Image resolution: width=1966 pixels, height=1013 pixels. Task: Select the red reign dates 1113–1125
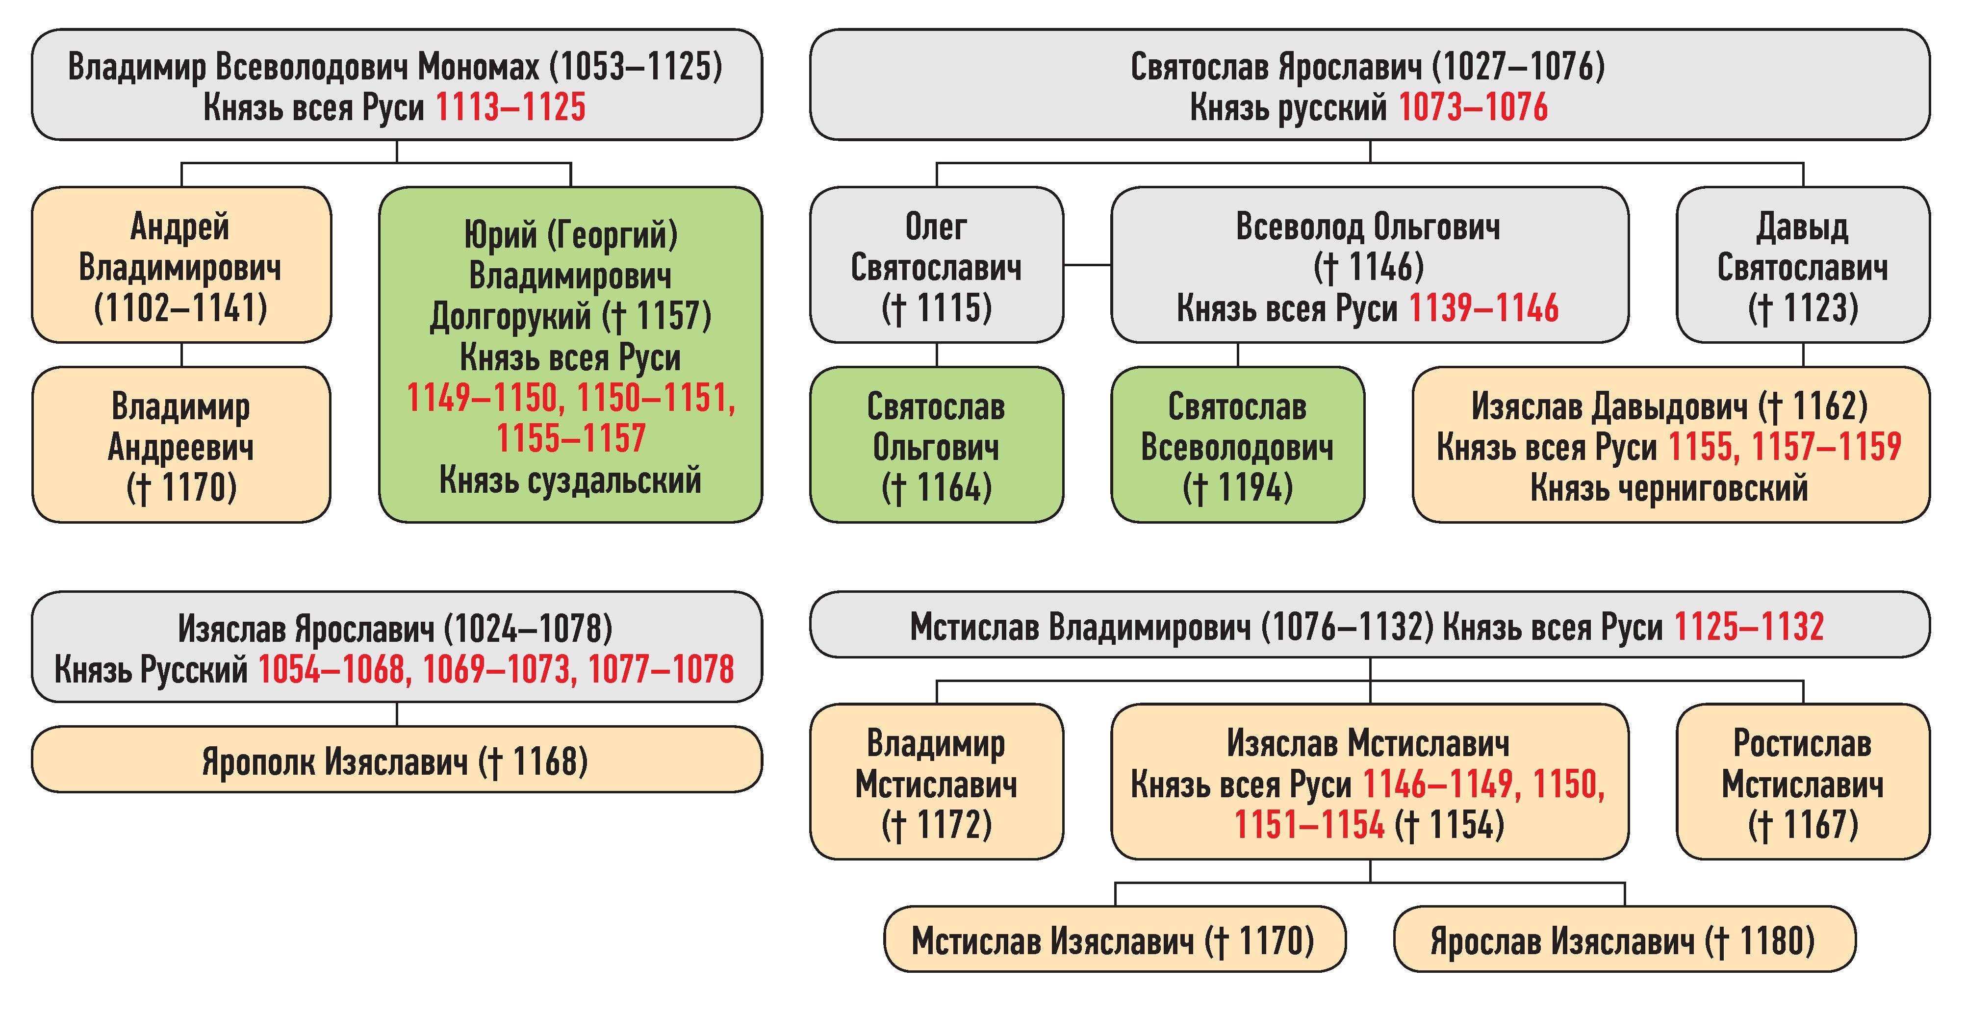(x=510, y=107)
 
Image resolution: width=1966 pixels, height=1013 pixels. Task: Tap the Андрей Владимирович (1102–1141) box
(x=181, y=265)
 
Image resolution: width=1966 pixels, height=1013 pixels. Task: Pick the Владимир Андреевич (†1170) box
(x=181, y=446)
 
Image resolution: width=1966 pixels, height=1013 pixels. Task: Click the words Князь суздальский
(x=570, y=481)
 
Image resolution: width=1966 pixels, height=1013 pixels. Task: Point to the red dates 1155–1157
(x=570, y=439)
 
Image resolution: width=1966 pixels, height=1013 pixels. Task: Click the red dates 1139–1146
(x=1483, y=309)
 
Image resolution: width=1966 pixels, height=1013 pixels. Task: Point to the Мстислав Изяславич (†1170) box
(x=1114, y=940)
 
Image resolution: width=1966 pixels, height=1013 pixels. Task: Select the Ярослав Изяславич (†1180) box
(x=1623, y=940)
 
